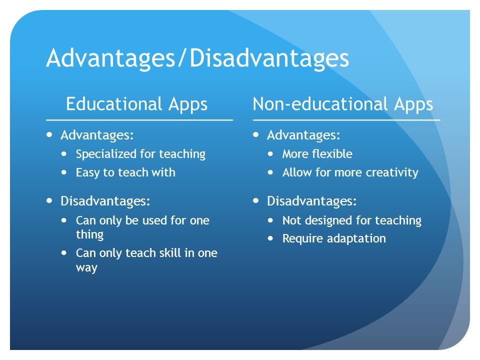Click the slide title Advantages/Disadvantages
[x=197, y=58]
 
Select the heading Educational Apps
[x=136, y=104]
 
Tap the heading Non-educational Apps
[x=343, y=104]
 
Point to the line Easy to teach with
[x=125, y=172]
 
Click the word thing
[x=89, y=235]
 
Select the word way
[x=86, y=268]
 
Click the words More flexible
[x=317, y=154]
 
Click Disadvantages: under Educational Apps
[x=105, y=201]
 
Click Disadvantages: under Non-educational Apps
[x=311, y=201]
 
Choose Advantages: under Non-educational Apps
[x=303, y=135]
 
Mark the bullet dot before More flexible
[x=270, y=153]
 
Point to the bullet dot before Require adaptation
[x=270, y=238]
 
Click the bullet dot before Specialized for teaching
[x=63, y=153]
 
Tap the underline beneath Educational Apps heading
[x=139, y=120]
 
